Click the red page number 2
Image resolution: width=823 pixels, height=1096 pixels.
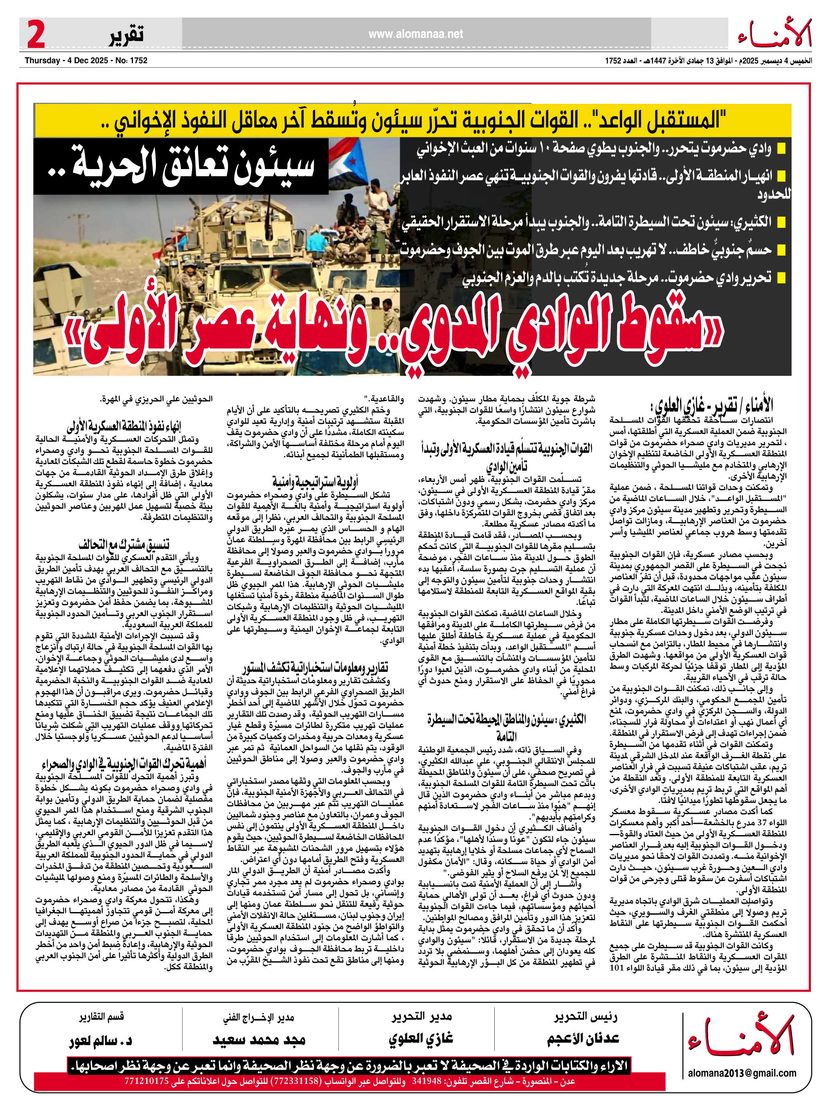pyautogui.click(x=36, y=35)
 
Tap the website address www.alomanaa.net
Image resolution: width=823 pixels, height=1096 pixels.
pyautogui.click(x=415, y=34)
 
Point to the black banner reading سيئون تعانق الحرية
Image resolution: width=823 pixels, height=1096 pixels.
pyautogui.click(x=181, y=165)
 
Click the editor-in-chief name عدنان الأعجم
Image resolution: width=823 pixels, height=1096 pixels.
pyautogui.click(x=583, y=1038)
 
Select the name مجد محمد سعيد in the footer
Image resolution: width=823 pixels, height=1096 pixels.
pyautogui.click(x=259, y=1038)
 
